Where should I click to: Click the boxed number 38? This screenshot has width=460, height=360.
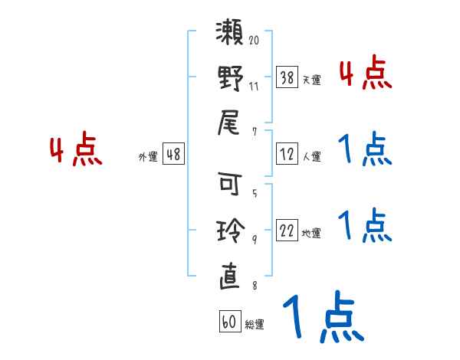[x=287, y=77]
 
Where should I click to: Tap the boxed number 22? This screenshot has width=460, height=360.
[x=287, y=231]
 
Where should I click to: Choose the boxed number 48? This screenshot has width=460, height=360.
[x=173, y=154]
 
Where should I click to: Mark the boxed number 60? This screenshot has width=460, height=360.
[x=229, y=322]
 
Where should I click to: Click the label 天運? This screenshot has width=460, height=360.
[x=311, y=80]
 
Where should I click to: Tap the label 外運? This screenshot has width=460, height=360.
[x=148, y=156]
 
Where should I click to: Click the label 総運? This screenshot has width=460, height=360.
[x=255, y=324]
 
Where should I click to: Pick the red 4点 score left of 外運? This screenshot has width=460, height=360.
[x=76, y=150]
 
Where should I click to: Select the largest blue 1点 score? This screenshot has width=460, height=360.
[x=321, y=316]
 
